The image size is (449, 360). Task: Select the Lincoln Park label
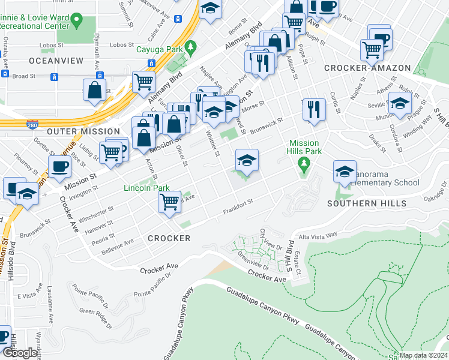pyautogui.click(x=146, y=188)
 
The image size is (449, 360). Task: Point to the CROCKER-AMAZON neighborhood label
pyautogui.click(x=367, y=68)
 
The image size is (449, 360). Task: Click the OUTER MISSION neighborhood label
pyautogui.click(x=83, y=131)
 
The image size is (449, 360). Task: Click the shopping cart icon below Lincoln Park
pyautogui.click(x=170, y=202)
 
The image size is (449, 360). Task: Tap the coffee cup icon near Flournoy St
pyautogui.click(x=59, y=166)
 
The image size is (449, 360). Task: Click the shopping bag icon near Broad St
pyautogui.click(x=95, y=89)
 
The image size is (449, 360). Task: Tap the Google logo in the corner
pyautogui.click(x=20, y=353)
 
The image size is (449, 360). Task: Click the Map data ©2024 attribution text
pyautogui.click(x=423, y=355)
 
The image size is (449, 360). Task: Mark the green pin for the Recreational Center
pyautogui.click(x=76, y=22)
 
